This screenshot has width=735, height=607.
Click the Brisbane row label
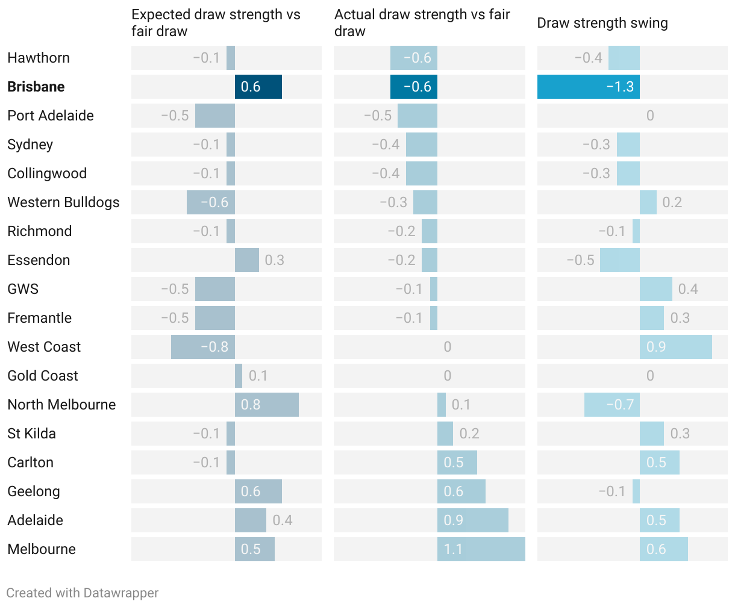coord(36,87)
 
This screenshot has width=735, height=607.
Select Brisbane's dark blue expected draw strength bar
coord(258,87)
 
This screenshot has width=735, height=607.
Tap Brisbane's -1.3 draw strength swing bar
coord(588,87)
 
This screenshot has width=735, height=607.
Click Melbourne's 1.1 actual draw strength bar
coord(481,549)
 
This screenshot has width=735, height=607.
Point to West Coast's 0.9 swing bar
coord(675,347)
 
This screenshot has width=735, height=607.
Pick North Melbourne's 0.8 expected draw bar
coord(266,405)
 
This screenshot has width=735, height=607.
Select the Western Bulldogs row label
coord(63,202)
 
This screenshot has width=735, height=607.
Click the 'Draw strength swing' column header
coord(602,23)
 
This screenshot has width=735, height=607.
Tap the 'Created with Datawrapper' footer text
coord(83,593)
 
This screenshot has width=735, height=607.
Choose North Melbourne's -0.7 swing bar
coord(611,405)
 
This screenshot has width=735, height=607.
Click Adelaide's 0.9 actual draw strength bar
coord(472,520)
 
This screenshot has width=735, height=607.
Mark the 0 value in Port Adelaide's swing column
coord(649,116)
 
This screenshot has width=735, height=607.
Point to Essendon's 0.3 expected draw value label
coord(275,260)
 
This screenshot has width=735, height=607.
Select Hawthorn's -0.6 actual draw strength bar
coord(413,58)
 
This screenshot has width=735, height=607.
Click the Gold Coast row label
coord(43,376)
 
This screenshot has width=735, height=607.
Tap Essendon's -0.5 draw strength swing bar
coord(619,260)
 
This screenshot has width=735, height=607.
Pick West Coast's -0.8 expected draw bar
coord(202,347)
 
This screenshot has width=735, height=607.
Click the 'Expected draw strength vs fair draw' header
coord(216,23)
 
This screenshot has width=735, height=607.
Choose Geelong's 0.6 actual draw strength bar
coord(461,491)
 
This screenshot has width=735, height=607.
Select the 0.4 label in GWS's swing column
coord(688,289)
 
